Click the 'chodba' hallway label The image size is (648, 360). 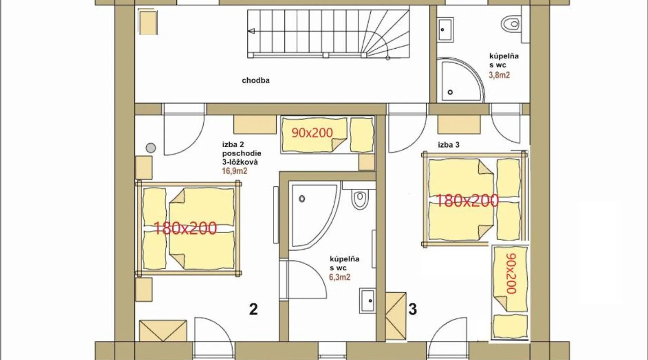pos(256,80)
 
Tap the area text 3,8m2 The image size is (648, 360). pos(499,75)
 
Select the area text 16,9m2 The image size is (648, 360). pos(234,171)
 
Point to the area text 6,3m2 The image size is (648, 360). pos(339,277)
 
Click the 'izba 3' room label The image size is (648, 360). pos(449,145)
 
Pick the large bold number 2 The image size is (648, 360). pos(253,309)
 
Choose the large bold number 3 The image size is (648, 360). pos(413,309)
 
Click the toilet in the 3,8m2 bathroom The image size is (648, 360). pos(510,24)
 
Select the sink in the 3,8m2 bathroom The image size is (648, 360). pos(446,30)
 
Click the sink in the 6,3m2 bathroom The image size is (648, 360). pos(367,300)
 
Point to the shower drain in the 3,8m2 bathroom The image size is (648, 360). pos(450,92)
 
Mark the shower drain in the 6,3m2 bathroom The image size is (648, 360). pos(302,198)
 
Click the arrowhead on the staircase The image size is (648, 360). pos(252,31)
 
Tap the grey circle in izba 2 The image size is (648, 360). pos(151,148)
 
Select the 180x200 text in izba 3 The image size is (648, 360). pos(467,201)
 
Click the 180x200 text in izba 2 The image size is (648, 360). pos(185,228)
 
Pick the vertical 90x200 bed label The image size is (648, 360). pos(511,274)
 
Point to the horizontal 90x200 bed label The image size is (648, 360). pos(312,133)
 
